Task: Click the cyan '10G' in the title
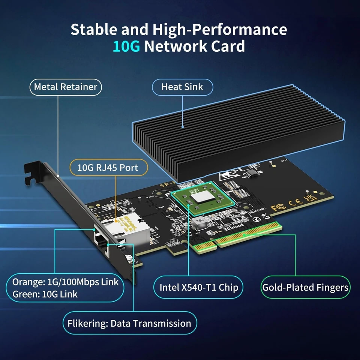127,46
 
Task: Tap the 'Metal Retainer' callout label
66,87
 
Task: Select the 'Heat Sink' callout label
182,87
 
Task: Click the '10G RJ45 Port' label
108,168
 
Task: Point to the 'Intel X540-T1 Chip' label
199,288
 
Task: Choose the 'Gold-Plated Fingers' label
305,288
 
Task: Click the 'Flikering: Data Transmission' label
129,323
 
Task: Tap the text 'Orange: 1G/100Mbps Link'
65,282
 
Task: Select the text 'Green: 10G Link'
45,294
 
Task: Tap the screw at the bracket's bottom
129,258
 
